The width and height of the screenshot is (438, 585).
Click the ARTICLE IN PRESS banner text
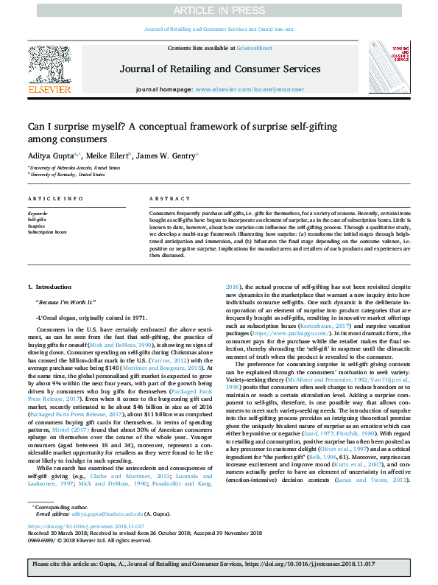click(219, 10)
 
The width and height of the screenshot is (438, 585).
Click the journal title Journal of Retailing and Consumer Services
click(219, 69)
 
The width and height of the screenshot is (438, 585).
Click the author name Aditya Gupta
click(50, 155)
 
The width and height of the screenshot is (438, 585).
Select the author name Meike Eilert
click(108, 155)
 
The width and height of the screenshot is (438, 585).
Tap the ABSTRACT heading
click(165, 199)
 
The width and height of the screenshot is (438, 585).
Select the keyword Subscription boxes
click(47, 231)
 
